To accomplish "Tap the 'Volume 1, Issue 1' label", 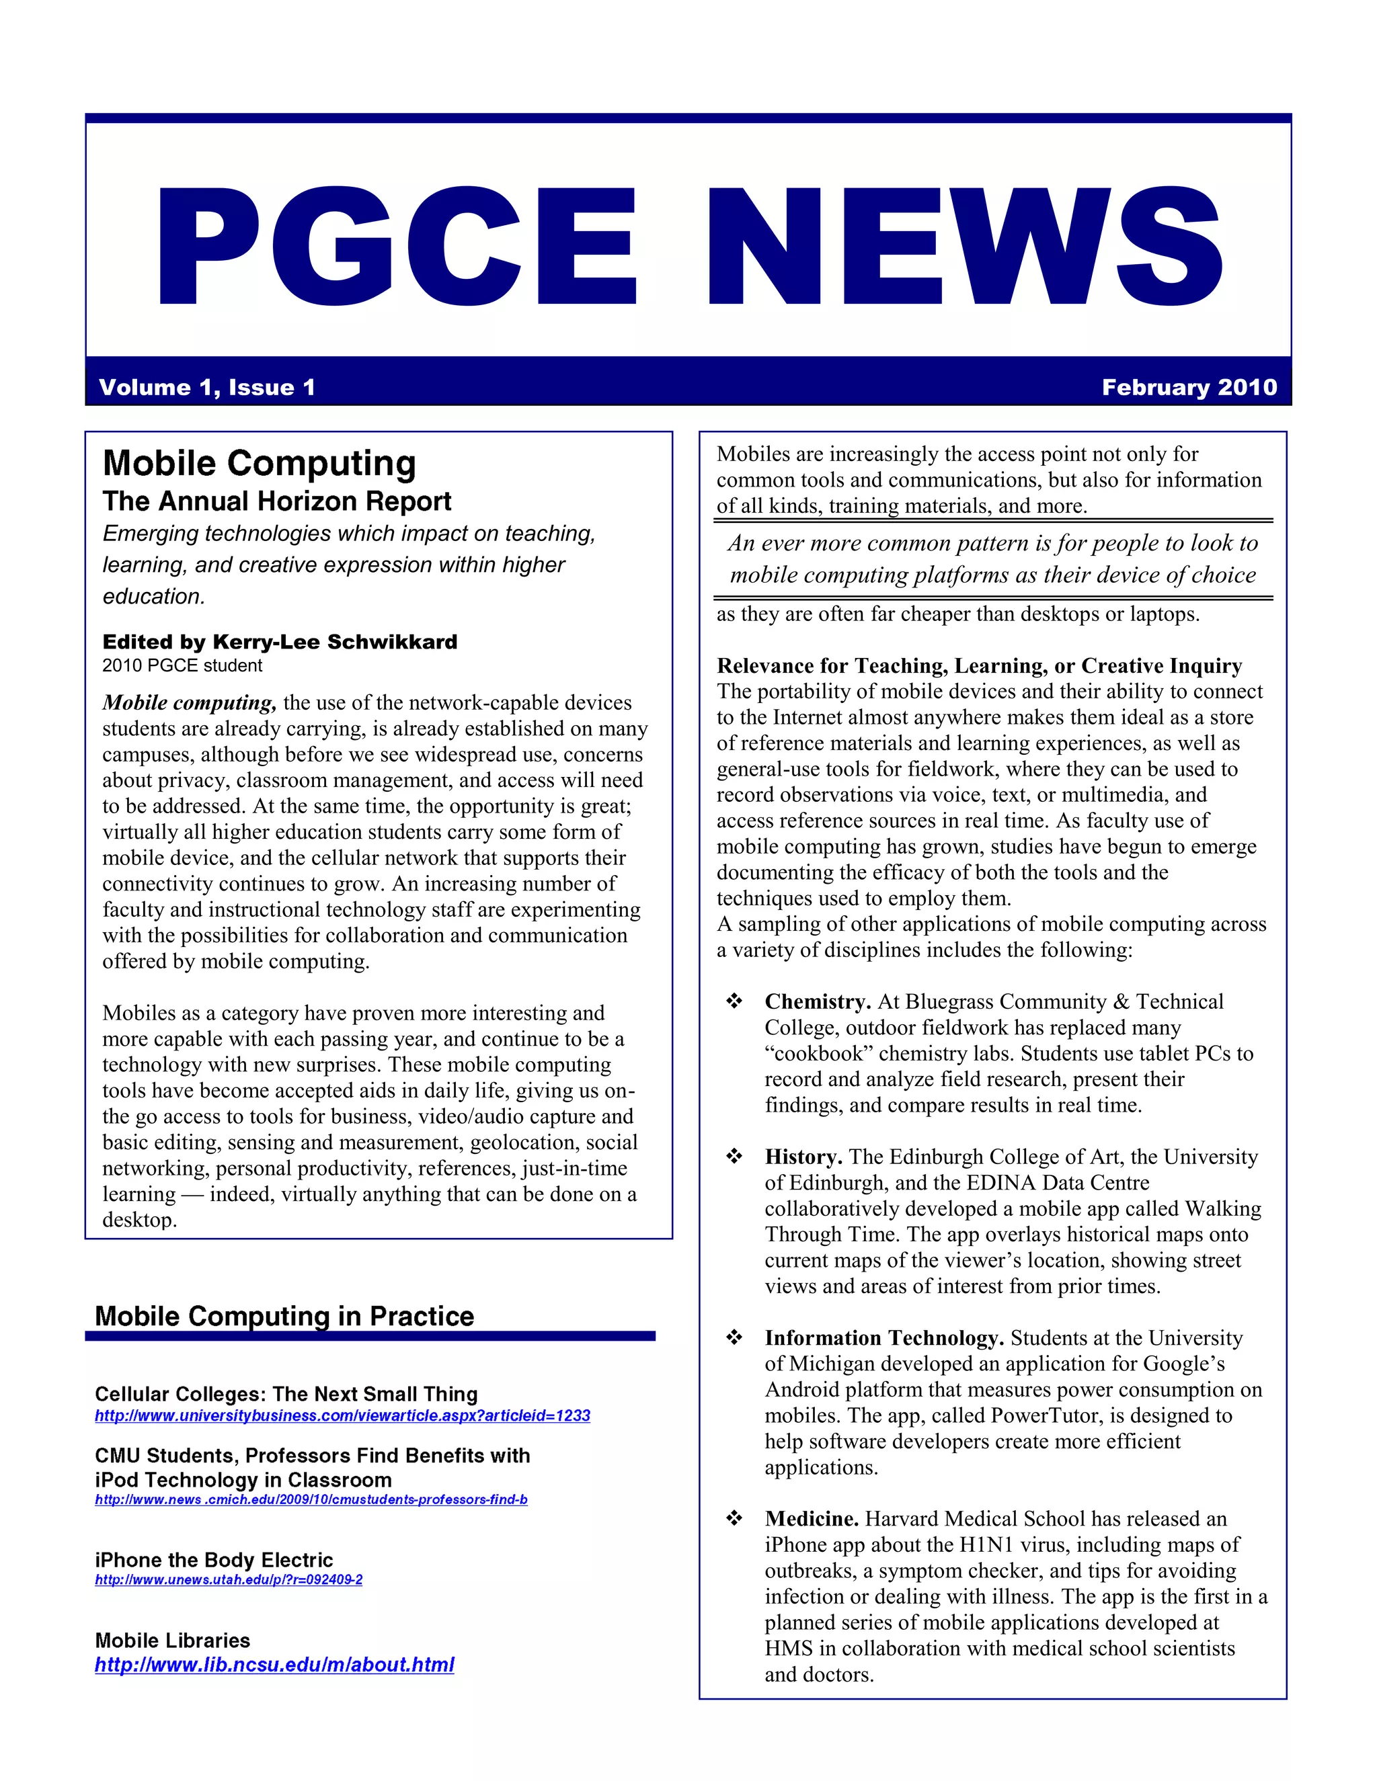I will [206, 387].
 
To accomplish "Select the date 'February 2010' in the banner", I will [1189, 387].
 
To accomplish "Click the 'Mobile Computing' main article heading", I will [260, 463].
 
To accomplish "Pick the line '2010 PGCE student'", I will [182, 665].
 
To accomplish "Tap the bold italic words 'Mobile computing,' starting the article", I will [189, 703].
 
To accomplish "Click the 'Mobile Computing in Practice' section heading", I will [284, 1316].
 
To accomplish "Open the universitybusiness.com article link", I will [342, 1415].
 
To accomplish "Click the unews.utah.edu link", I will [229, 1579].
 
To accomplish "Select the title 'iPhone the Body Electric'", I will [214, 1560].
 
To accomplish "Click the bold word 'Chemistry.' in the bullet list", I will [818, 1001].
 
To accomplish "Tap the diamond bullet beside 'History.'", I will [734, 1157].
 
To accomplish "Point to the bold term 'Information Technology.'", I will [883, 1337].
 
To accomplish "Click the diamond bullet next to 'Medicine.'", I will [734, 1518].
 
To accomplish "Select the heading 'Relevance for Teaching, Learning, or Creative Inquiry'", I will [979, 666].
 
